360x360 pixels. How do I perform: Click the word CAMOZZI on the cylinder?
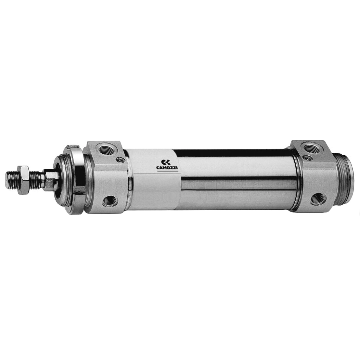[167, 168]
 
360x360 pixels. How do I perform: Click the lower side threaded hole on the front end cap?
[110, 201]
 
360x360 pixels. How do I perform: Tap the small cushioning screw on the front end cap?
[120, 159]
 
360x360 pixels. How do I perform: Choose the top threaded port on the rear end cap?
[310, 147]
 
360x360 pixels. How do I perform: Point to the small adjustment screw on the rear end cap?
[307, 157]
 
